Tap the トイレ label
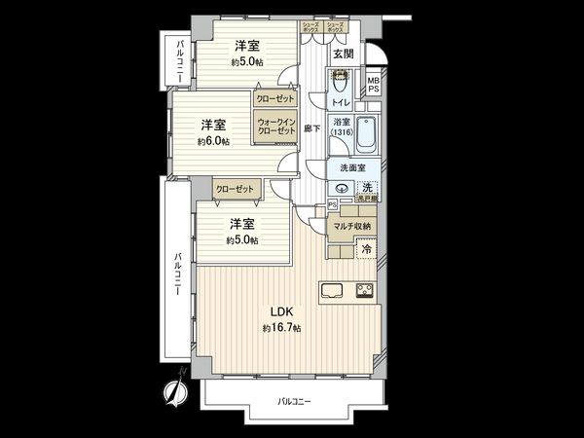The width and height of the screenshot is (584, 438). [x=340, y=100]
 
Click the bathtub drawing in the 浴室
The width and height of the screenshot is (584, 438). [x=367, y=136]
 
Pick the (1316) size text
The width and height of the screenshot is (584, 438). [x=341, y=133]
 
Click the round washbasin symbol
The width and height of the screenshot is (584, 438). [x=342, y=188]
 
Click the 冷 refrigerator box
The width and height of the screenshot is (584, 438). [x=367, y=250]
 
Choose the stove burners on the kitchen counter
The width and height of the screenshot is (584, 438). [x=365, y=290]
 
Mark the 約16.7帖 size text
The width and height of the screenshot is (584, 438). [x=281, y=329]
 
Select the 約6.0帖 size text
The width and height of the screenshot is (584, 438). [x=213, y=141]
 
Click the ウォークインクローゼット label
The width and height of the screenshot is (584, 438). [x=275, y=126]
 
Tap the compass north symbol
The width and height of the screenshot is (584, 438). [x=176, y=388]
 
